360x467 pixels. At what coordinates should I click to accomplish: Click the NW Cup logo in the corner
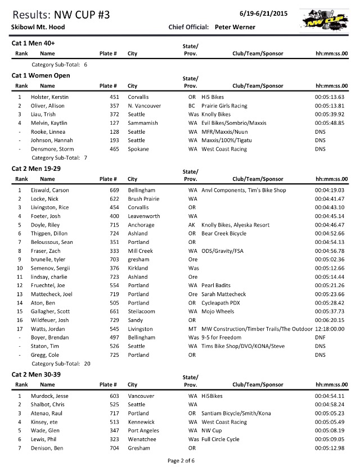click(330, 22)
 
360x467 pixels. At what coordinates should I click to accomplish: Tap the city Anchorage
click(141, 225)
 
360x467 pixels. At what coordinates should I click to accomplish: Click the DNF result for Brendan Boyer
click(320, 338)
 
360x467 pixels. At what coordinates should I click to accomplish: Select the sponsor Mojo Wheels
click(218, 311)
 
